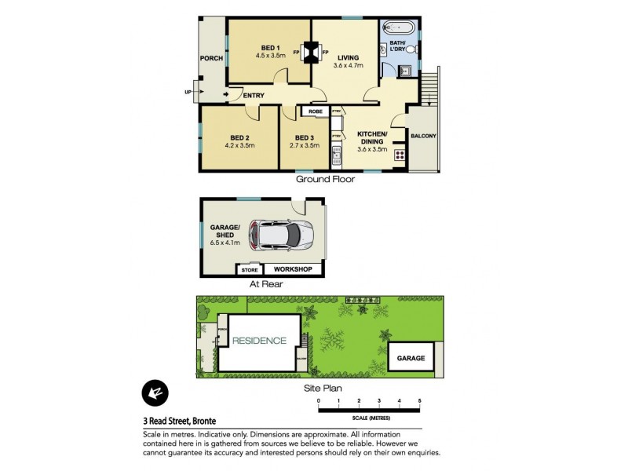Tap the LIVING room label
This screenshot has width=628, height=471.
click(349, 57)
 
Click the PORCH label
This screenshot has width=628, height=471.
click(211, 58)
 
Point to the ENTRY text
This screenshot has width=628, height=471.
click(253, 96)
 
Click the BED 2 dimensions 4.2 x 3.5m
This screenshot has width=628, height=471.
click(240, 145)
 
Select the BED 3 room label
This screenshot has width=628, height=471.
click(305, 137)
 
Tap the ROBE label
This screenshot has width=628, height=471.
click(315, 112)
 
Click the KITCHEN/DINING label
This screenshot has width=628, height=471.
click(372, 138)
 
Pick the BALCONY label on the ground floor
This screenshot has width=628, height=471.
click(424, 136)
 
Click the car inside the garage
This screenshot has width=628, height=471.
click(280, 233)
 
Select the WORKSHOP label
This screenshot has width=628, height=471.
click(293, 269)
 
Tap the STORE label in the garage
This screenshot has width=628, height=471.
click(249, 270)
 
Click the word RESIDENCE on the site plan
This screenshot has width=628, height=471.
click(259, 341)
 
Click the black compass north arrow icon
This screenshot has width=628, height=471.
click(154, 392)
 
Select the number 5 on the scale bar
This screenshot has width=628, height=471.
click(420, 401)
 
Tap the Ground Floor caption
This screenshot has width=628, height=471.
click(325, 180)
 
